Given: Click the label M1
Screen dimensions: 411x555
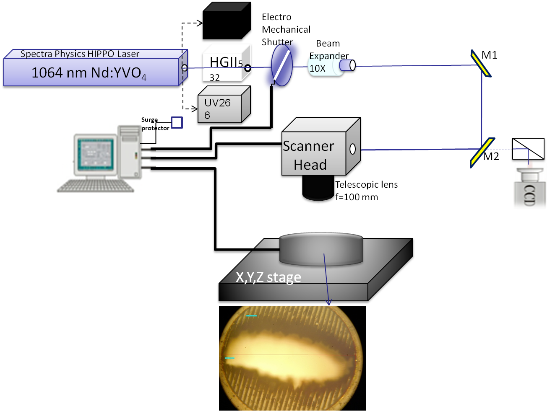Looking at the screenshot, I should click(x=489, y=55).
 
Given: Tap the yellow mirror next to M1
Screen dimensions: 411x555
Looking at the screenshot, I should click(x=481, y=64).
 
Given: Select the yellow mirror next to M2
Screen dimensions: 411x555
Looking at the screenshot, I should click(x=482, y=153).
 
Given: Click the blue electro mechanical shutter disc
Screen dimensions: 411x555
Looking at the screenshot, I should click(x=282, y=65).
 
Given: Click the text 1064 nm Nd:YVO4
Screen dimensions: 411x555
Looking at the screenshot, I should click(x=89, y=73).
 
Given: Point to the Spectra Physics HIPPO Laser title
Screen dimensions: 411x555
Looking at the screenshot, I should click(x=80, y=54).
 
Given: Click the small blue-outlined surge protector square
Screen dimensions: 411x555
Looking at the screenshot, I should click(x=177, y=122).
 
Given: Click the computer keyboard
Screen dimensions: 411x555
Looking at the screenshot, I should click(x=96, y=186).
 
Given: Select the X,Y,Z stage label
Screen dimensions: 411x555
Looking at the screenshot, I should click(x=268, y=277).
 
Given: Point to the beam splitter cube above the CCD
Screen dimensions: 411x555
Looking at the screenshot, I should click(x=528, y=149).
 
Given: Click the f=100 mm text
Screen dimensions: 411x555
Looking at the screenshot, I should click(x=357, y=197).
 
